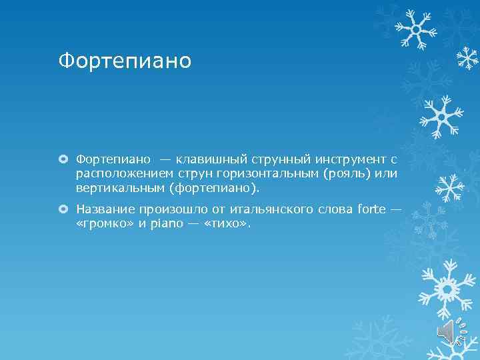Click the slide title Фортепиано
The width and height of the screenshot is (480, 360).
click(x=125, y=61)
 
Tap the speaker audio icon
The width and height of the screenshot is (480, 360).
click(x=447, y=331)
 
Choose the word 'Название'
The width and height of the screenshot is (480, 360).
click(x=105, y=209)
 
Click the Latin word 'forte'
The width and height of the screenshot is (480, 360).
click(x=371, y=209)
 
